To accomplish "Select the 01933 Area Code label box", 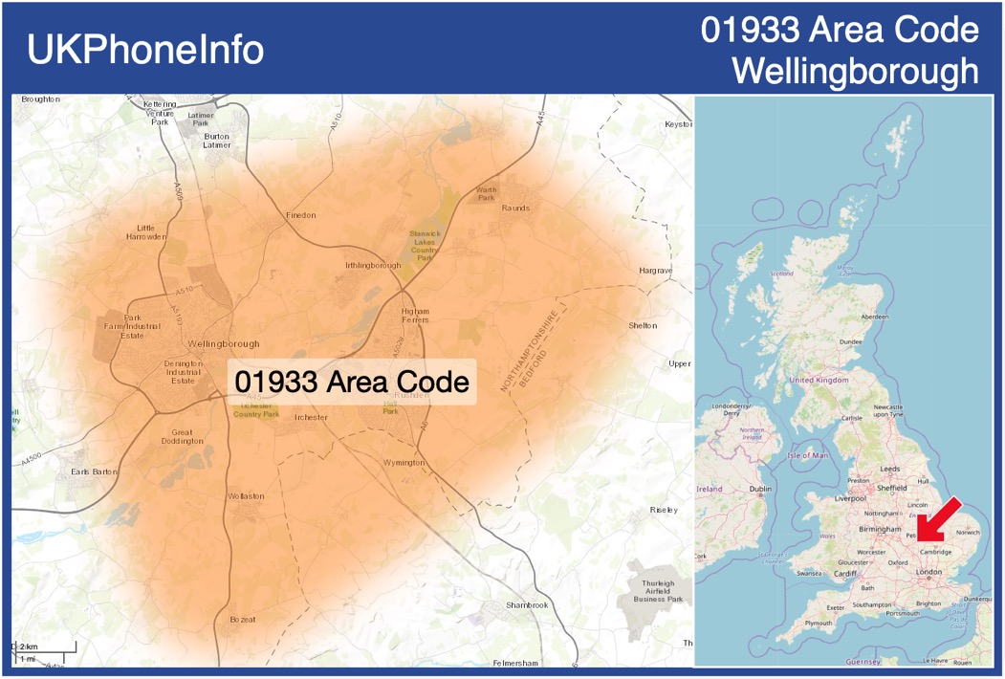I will [x=352, y=383].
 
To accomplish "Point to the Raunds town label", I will [x=515, y=208].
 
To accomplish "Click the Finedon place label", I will [x=300, y=215].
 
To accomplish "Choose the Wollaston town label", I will [x=246, y=496].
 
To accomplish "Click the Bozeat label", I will [x=243, y=620].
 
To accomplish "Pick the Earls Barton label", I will [x=94, y=471].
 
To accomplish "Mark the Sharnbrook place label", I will [x=527, y=605].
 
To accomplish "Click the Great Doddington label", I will [x=182, y=436].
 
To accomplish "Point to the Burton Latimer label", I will [x=217, y=142].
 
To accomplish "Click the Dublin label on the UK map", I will [x=760, y=490].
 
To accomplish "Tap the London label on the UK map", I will [x=929, y=572].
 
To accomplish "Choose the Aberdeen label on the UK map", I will [x=874, y=317].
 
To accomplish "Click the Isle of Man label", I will [x=807, y=455].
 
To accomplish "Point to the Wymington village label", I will [x=403, y=463].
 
